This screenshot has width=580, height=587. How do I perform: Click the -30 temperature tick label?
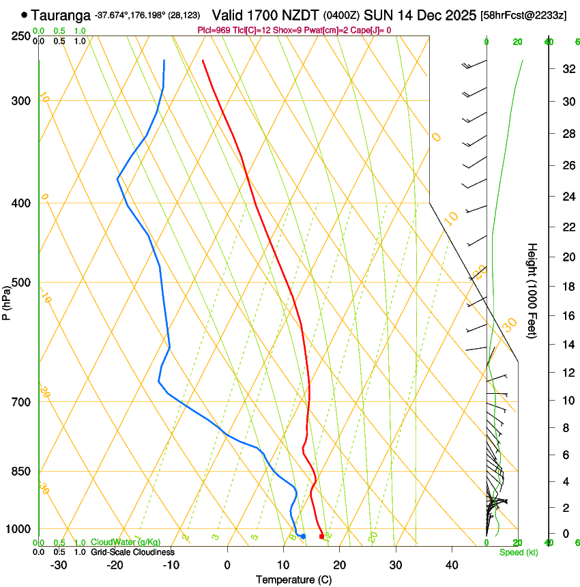[59, 565]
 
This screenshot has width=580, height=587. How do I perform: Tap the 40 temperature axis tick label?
[452, 565]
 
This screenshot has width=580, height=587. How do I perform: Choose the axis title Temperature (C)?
[293, 579]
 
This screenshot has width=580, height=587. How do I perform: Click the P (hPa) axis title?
[7, 301]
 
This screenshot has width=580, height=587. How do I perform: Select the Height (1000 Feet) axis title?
[533, 291]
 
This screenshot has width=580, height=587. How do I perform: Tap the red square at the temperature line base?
[322, 536]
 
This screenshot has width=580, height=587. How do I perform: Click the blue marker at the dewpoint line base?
[303, 536]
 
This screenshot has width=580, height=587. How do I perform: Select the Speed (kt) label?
[518, 552]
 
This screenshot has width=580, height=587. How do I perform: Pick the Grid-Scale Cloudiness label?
[132, 552]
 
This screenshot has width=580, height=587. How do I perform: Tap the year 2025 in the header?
[461, 14]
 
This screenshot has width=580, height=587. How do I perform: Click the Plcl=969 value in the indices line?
[214, 30]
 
